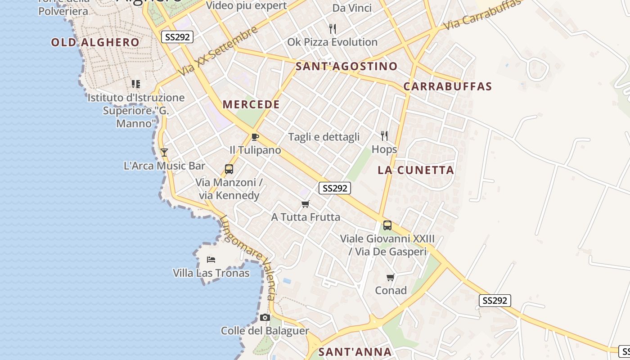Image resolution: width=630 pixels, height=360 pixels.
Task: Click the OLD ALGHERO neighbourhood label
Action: pyautogui.click(x=95, y=43)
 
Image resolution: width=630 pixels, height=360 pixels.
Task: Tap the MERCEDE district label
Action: pyautogui.click(x=251, y=105)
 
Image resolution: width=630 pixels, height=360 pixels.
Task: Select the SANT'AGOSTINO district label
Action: pyautogui.click(x=346, y=67)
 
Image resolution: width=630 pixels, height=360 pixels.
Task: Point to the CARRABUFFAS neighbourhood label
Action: pyautogui.click(x=447, y=86)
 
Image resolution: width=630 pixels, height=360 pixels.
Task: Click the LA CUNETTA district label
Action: pyautogui.click(x=416, y=170)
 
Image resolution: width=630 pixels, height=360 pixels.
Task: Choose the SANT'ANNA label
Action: pyautogui.click(x=355, y=352)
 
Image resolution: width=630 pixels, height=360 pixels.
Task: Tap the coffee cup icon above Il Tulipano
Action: pyautogui.click(x=255, y=137)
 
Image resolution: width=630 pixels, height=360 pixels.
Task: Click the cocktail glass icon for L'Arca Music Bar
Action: pyautogui.click(x=164, y=153)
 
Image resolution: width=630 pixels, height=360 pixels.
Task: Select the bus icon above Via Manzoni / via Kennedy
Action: pyautogui.click(x=229, y=169)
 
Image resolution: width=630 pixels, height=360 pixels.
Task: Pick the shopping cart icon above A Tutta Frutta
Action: pyautogui.click(x=306, y=204)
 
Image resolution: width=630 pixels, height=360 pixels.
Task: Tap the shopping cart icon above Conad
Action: pyautogui.click(x=391, y=277)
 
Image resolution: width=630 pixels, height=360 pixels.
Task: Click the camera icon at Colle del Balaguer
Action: pyautogui.click(x=265, y=318)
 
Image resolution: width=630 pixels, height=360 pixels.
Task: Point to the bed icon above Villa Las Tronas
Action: pyautogui.click(x=211, y=259)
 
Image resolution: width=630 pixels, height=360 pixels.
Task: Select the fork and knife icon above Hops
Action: pyautogui.click(x=384, y=135)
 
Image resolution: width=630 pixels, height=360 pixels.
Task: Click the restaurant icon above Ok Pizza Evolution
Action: pyautogui.click(x=333, y=29)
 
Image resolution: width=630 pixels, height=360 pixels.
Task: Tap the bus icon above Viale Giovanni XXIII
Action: pyautogui.click(x=387, y=225)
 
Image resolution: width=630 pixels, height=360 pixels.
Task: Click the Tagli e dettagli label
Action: pyautogui.click(x=324, y=137)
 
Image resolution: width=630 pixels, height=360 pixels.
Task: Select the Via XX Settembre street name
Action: pyautogui.click(x=218, y=51)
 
